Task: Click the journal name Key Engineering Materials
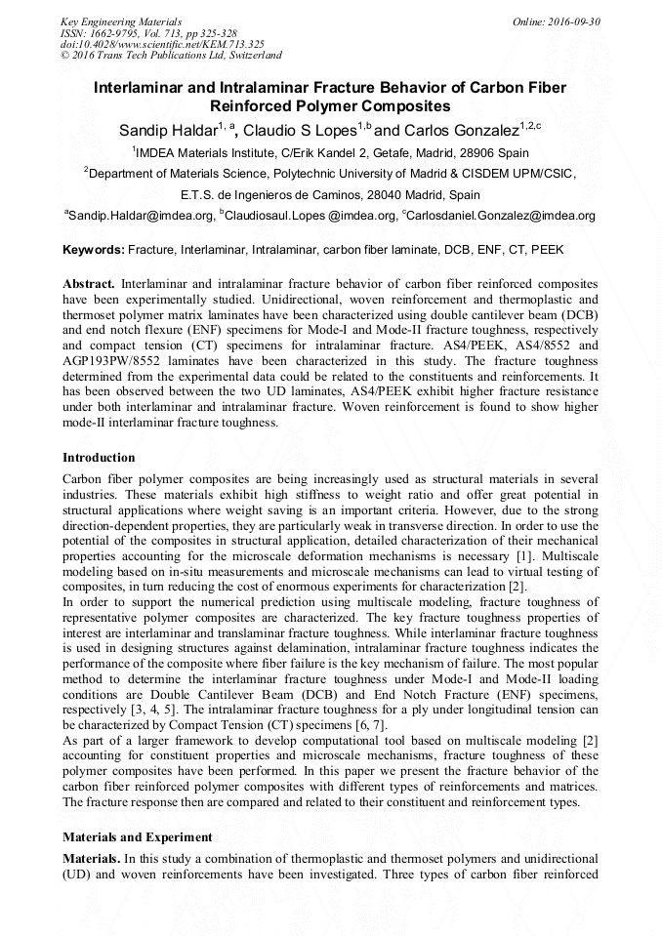(x=121, y=20)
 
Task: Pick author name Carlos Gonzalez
(x=459, y=130)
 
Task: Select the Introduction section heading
(x=99, y=458)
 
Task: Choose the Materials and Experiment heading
(x=137, y=836)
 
